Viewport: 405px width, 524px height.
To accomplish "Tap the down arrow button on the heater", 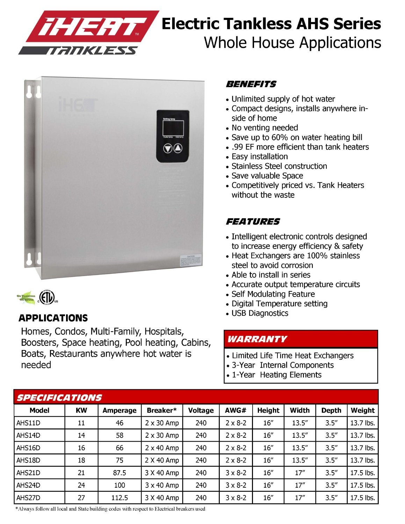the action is (168, 148).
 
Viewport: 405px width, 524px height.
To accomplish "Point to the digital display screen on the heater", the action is (173, 128).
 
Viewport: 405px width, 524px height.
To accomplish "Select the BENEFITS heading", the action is (251, 84).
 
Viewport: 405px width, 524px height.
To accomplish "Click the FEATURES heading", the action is (253, 221).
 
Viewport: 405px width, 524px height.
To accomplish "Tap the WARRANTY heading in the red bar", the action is (257, 339).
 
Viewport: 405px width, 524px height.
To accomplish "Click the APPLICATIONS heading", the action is (53, 318).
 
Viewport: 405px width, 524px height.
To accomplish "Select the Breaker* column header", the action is (161, 410).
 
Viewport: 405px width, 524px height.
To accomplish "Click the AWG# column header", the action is (236, 410).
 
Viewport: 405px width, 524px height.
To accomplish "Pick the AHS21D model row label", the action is (28, 473).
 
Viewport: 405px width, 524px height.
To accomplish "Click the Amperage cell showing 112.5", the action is (120, 497).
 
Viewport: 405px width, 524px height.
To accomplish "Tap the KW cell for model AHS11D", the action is (81, 423).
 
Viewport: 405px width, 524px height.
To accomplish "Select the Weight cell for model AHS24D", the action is (362, 485).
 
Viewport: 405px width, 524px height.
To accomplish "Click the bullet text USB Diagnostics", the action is (260, 313).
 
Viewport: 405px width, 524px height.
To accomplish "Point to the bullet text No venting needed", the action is (265, 128).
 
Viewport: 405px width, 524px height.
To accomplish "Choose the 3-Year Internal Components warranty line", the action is (282, 365).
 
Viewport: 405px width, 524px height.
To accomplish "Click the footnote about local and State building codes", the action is (110, 509).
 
